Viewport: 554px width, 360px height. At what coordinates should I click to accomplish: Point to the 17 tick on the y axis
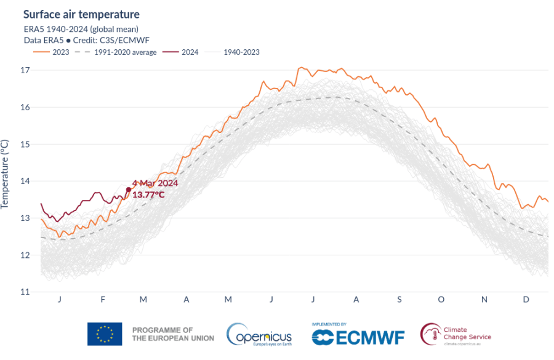[x=25, y=70]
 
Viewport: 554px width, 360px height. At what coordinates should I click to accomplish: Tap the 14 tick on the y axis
[x=25, y=181]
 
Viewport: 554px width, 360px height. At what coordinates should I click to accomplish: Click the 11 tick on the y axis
[x=25, y=292]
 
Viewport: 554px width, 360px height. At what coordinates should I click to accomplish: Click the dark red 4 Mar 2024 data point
[x=128, y=190]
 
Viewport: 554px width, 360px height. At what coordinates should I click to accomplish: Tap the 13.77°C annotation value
[x=148, y=194]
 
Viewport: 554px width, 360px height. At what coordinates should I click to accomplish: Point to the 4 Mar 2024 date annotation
[x=155, y=183]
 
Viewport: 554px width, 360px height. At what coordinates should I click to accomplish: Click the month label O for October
[x=441, y=299]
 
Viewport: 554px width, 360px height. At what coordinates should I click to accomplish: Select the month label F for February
[x=102, y=299]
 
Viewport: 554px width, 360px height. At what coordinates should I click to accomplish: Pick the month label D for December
[x=526, y=299]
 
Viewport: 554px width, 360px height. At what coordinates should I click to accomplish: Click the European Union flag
[x=105, y=334]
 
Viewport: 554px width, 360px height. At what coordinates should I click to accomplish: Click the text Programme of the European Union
[x=173, y=334]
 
